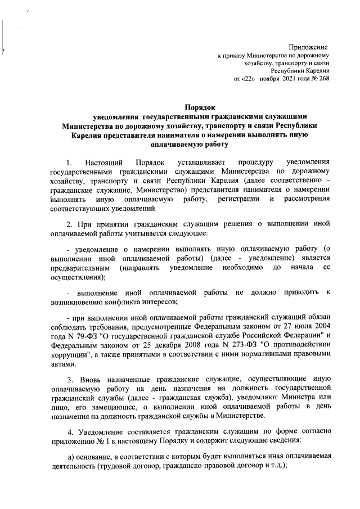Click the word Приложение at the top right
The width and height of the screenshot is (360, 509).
tap(308, 46)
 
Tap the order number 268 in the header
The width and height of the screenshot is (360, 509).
tap(323, 78)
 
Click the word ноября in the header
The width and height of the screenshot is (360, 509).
tap(277, 78)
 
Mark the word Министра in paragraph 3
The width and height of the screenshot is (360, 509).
tap(295, 399)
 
